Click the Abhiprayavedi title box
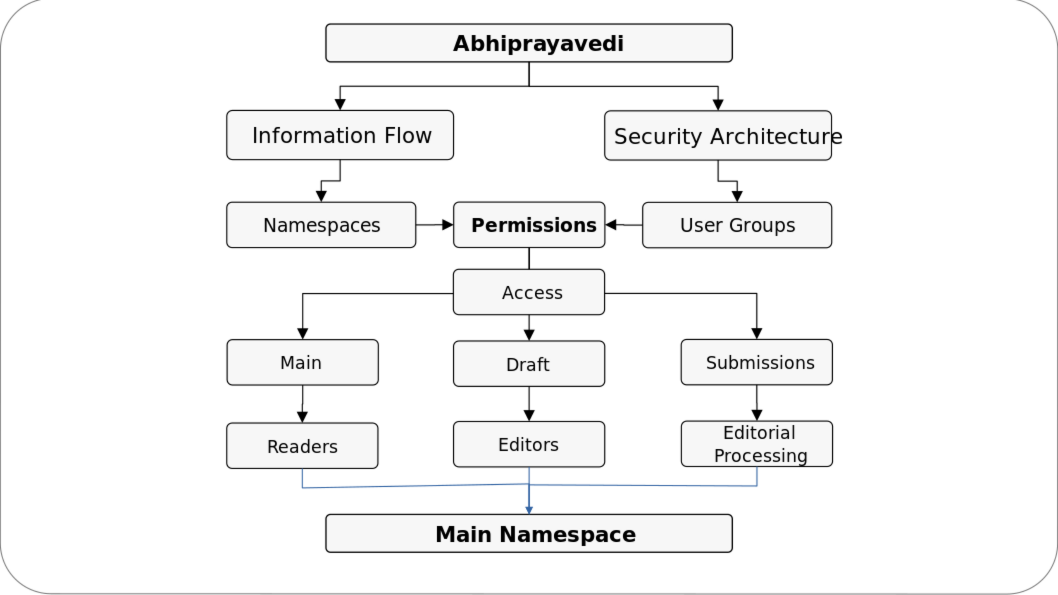pos(529,43)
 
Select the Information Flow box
pos(340,135)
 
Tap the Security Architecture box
pos(718,136)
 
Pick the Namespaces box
pos(321,225)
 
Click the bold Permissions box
pos(529,225)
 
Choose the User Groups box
pos(737,225)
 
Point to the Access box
pos(529,292)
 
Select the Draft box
pos(529,364)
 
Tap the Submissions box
pos(757,362)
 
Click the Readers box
pos(302,446)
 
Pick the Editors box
pos(529,445)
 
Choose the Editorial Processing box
pos(757,444)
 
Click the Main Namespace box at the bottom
pos(529,533)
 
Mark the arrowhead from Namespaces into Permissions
pos(448,225)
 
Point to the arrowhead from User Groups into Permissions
pos(611,225)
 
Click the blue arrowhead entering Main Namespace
pos(529,510)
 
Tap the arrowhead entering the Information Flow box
pos(340,105)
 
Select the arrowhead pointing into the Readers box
pos(303,417)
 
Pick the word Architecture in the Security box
pos(776,136)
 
